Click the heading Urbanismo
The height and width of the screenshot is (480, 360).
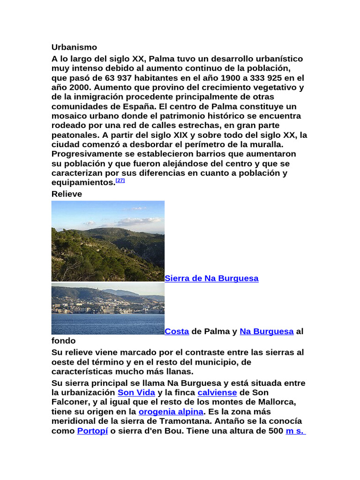tap(74, 47)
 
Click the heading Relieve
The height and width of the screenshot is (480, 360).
tap(67, 194)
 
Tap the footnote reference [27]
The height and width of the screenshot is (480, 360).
tap(120, 180)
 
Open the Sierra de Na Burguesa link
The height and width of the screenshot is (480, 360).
tap(211, 278)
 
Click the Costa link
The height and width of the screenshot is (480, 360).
tap(177, 331)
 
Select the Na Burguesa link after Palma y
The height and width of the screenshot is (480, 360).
tap(266, 331)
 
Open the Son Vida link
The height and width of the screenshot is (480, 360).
tap(136, 392)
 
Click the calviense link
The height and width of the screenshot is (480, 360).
tap(217, 392)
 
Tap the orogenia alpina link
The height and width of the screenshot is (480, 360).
tap(171, 412)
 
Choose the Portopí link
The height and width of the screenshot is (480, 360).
tap(92, 431)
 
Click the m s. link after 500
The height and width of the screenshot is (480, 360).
tap(295, 431)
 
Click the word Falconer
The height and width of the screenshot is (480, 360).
tap(70, 402)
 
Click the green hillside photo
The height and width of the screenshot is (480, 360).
tap(108, 241)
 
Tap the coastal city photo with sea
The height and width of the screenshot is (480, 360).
tap(108, 308)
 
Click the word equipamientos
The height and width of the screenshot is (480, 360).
tap(83, 182)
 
